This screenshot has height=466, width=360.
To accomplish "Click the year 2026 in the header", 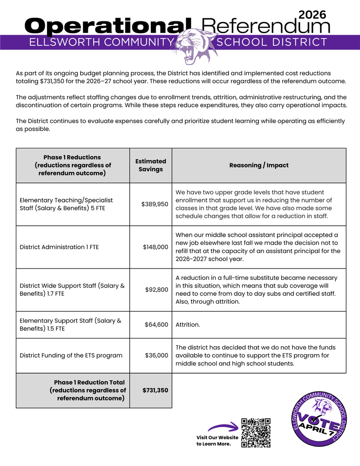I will (x=313, y=15).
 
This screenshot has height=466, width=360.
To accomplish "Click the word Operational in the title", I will (x=108, y=26).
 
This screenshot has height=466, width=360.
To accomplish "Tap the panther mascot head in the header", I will (x=194, y=46).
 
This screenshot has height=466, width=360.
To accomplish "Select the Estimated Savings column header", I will (x=151, y=165).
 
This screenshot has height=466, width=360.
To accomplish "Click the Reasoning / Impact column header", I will (x=259, y=165).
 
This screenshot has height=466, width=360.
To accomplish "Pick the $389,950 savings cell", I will (x=155, y=204).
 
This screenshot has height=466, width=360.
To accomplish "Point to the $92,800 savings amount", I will (x=157, y=289).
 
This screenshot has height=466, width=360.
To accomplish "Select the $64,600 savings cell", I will (x=157, y=324).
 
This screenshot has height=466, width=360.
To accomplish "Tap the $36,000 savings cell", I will (x=157, y=355).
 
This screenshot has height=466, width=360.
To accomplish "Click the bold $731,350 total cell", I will (x=155, y=390).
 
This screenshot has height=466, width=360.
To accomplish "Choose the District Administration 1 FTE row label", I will (x=59, y=247).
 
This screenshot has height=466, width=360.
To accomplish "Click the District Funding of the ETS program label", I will (x=71, y=355).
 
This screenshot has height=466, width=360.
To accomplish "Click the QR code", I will (x=256, y=433).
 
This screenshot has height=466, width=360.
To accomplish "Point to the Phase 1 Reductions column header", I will (x=72, y=165).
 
